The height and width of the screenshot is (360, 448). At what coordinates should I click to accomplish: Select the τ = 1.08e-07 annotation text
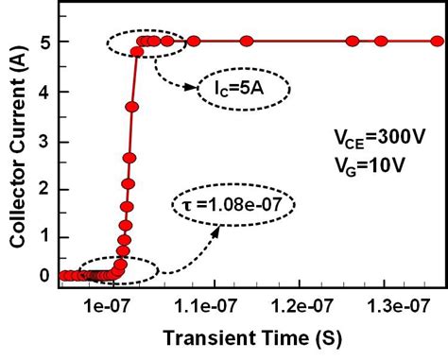pos(233,204)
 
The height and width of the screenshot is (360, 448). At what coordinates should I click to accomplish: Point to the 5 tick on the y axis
pos(43,42)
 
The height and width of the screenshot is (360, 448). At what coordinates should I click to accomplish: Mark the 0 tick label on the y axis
pos(43,276)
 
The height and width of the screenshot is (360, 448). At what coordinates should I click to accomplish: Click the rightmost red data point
pos(437,42)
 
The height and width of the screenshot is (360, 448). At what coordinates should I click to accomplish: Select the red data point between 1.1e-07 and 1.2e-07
pos(246,42)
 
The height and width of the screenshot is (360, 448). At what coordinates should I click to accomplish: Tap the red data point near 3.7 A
pos(132,107)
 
